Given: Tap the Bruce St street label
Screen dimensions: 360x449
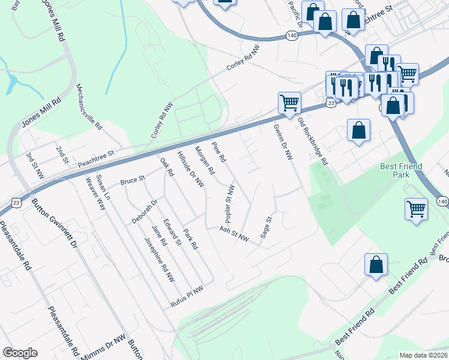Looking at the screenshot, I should point(133,179).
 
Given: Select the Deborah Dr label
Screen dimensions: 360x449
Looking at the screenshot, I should point(144,211).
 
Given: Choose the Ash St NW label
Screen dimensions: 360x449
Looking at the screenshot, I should point(234,233).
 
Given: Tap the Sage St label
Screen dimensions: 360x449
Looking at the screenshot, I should point(266,228).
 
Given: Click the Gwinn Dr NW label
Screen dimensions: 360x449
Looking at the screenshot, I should point(283,142).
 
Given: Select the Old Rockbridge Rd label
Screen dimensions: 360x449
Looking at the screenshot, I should point(313,142).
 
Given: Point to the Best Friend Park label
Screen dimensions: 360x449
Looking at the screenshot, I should point(401,170).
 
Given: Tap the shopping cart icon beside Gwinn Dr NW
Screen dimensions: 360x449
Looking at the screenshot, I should point(289,103).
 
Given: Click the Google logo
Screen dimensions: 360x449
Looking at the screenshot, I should point(20,353).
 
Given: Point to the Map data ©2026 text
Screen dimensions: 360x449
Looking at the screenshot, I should point(423,355).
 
